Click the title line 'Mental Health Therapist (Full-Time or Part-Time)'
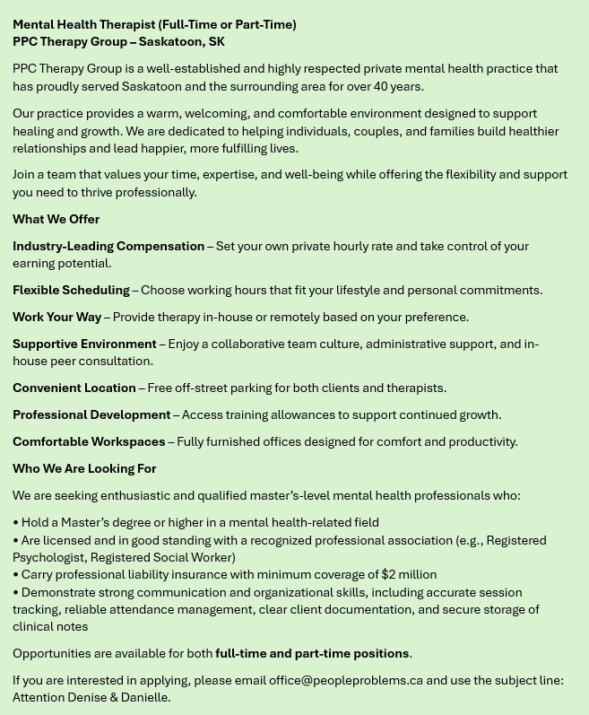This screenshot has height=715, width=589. (154, 24)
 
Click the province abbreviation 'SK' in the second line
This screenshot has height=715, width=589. (216, 41)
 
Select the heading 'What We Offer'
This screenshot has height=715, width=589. (56, 219)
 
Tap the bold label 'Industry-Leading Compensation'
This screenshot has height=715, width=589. (108, 246)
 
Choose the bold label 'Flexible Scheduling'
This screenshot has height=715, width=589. (71, 290)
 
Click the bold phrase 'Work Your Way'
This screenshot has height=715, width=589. (56, 317)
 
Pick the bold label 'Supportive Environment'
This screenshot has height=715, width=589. (84, 344)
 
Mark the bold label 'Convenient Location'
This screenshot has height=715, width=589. (74, 388)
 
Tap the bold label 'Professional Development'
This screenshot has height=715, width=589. (91, 414)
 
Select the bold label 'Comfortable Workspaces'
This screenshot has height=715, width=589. (89, 441)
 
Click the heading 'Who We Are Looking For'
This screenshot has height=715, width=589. (84, 468)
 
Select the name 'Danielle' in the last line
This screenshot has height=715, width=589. (144, 697)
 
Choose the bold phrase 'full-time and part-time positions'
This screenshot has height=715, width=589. (312, 653)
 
